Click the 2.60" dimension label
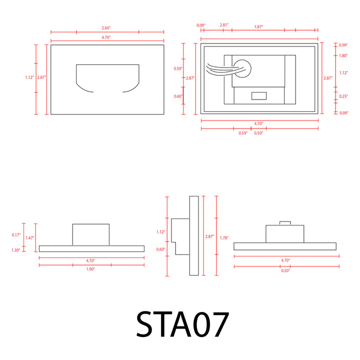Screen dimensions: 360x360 tap(106, 28)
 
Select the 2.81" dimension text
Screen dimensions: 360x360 tap(224, 25)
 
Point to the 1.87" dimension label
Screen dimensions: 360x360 tap(258, 27)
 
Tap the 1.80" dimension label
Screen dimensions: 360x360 tap(343, 55)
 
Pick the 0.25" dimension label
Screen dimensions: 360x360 tap(343, 96)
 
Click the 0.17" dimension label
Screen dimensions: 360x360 tap(16, 235)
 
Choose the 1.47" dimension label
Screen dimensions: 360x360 tap(30, 238)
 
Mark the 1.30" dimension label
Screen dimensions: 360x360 tap(16, 250)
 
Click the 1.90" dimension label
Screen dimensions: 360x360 tap(90, 269)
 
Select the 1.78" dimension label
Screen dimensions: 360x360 tap(224, 238)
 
